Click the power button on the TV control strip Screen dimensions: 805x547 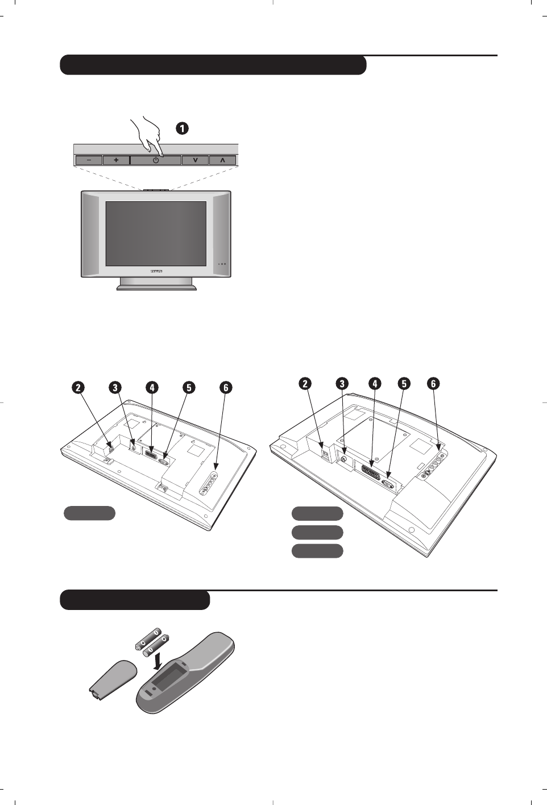point(155,160)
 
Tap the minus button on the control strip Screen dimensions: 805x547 point(89,160)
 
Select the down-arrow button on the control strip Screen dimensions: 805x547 point(195,160)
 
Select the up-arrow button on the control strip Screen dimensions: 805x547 point(222,160)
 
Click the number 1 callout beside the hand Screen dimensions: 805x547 point(182,128)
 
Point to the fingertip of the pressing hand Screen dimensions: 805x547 point(161,154)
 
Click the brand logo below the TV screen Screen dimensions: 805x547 point(156,271)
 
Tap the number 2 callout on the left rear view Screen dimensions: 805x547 point(78,388)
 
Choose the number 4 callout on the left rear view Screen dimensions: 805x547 point(152,388)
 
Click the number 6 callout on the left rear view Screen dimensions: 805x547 point(226,388)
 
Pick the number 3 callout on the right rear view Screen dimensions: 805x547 point(342,384)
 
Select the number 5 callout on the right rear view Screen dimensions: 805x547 point(404,384)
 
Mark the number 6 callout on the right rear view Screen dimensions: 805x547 point(433,384)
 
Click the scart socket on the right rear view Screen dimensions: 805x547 point(370,469)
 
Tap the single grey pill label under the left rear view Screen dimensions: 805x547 point(89,513)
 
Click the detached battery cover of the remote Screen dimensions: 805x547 point(113,679)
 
